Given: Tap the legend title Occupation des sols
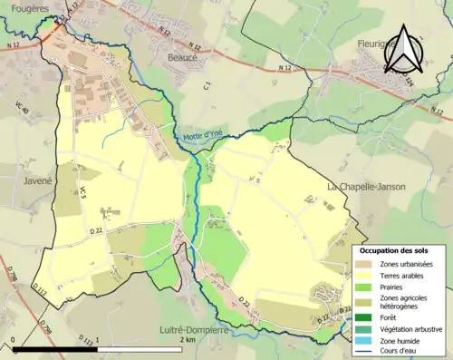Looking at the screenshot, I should pos(396,249).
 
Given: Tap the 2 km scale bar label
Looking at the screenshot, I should pos(188,339).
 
